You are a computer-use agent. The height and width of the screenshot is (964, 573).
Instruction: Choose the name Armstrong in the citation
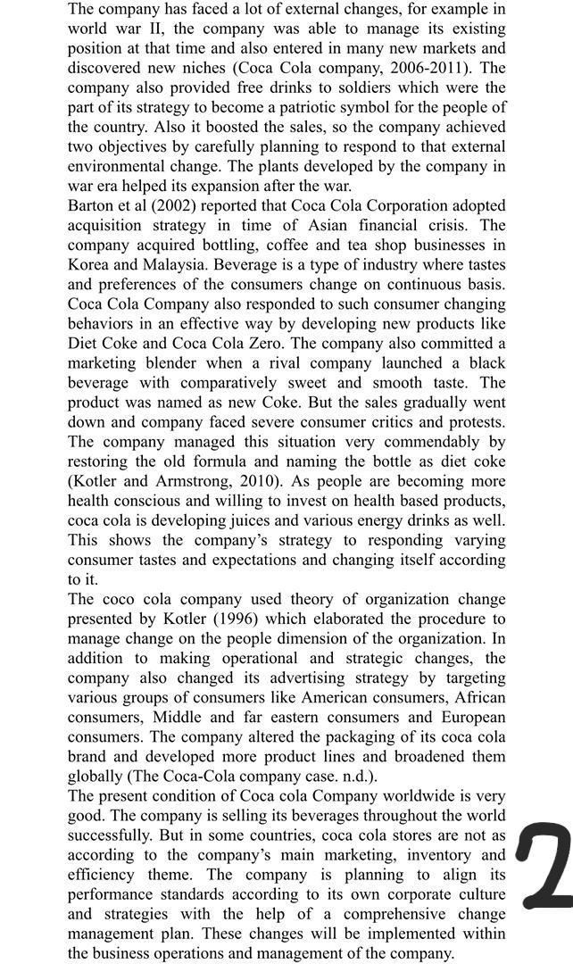[189, 480]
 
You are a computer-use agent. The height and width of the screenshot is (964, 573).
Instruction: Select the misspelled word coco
[121, 599]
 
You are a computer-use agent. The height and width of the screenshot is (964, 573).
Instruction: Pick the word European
[469, 717]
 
